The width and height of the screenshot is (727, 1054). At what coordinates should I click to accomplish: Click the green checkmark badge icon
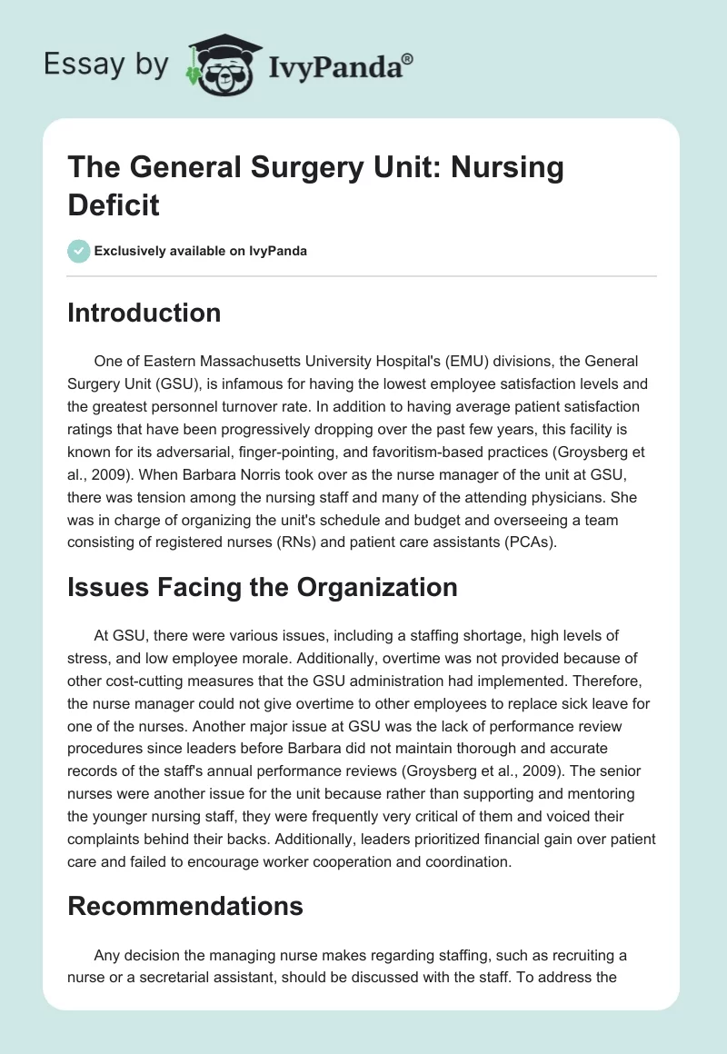coord(79,251)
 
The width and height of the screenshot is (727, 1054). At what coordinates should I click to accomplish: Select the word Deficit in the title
coord(114,205)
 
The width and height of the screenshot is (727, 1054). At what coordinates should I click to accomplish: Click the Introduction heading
coord(144,313)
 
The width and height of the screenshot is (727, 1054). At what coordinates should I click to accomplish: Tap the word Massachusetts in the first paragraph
coord(238,362)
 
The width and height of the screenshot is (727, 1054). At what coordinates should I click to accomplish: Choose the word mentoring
coord(611,767)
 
